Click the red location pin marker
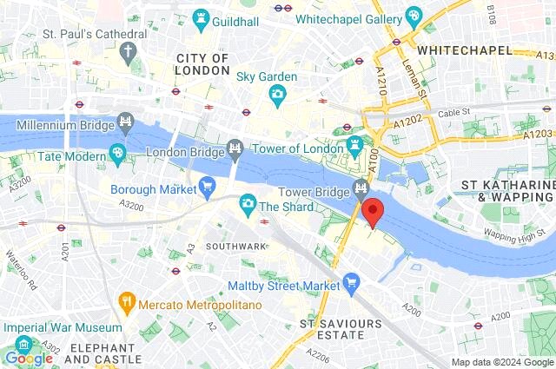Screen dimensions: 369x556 click(373, 211)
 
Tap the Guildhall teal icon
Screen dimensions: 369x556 click(201, 16)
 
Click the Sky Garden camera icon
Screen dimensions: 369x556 click(277, 94)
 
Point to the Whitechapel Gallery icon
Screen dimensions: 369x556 click(414, 16)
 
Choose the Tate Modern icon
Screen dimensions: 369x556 click(117, 154)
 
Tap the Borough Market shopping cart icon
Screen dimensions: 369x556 click(207, 184)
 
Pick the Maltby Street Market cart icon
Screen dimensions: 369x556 click(351, 281)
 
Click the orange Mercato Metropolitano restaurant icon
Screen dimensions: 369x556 click(128, 301)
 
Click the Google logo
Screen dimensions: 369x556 click(28, 358)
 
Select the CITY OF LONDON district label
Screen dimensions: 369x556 click(202, 64)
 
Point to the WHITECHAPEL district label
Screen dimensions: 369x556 click(464, 50)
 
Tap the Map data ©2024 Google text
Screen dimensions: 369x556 click(501, 362)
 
